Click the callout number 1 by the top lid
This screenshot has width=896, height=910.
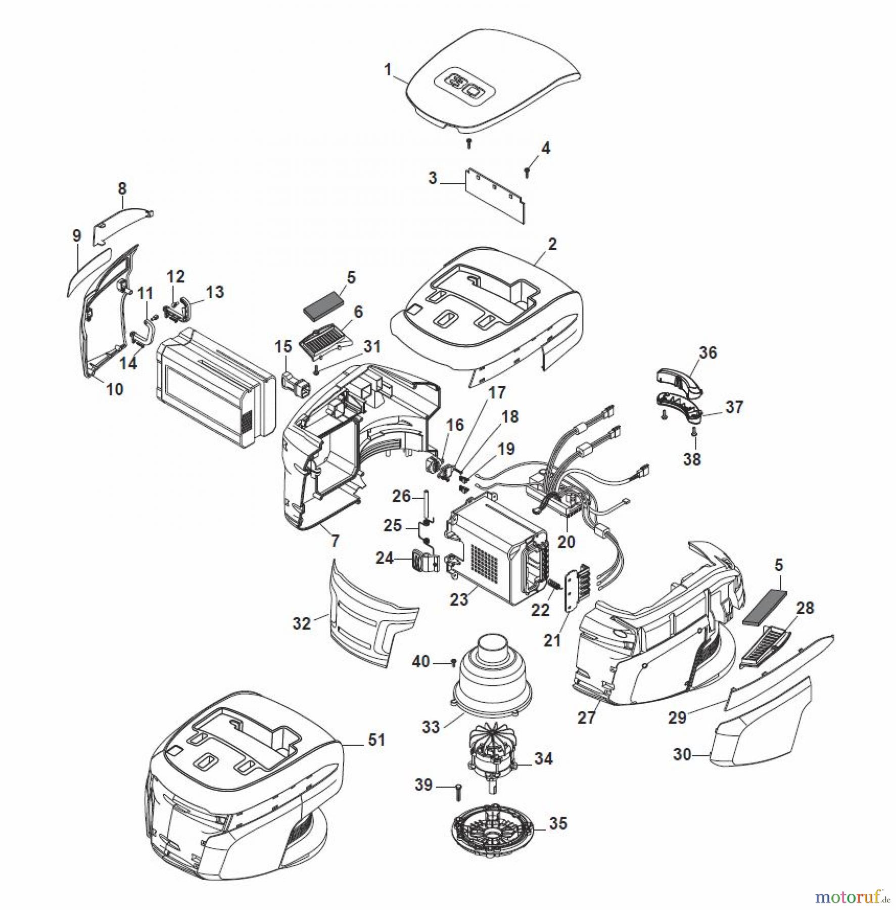pyautogui.click(x=388, y=69)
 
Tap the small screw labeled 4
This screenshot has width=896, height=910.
pyautogui.click(x=527, y=172)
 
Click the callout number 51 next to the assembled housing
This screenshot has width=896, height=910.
pyautogui.click(x=376, y=740)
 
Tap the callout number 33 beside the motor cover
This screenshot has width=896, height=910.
pyautogui.click(x=431, y=727)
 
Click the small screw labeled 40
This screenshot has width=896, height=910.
pyautogui.click(x=453, y=662)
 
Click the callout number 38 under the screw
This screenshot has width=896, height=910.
pyautogui.click(x=692, y=459)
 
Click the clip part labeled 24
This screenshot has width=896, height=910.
pyautogui.click(x=426, y=561)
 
